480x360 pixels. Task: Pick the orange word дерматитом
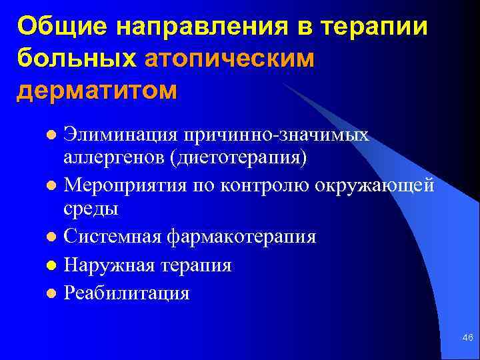97,90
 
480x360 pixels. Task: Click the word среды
91,208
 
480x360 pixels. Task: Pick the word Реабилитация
127,293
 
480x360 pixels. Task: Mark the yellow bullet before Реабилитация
51,294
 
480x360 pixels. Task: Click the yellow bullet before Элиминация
51,136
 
